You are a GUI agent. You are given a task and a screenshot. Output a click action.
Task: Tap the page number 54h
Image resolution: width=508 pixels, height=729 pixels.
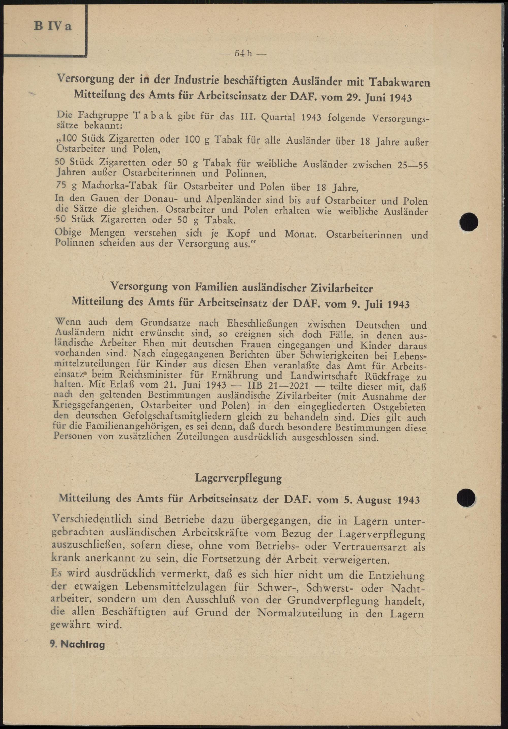pyautogui.click(x=243, y=54)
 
